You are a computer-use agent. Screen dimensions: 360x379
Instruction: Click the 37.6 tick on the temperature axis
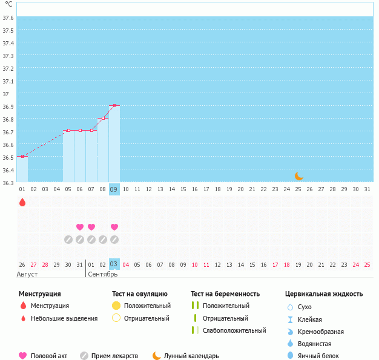[x=8, y=18]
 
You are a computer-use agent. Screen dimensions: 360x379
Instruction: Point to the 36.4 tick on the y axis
[x=8, y=170]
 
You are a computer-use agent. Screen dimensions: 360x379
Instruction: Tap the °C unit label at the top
[x=8, y=4]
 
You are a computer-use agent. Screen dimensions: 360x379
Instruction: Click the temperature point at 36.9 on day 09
[x=114, y=105]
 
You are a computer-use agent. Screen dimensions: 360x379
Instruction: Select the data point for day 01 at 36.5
[x=22, y=156]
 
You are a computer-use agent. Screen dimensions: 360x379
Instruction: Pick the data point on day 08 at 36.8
[x=103, y=118]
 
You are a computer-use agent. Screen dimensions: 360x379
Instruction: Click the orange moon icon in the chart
[x=298, y=175]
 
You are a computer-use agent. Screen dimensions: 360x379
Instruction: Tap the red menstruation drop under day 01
[x=22, y=202]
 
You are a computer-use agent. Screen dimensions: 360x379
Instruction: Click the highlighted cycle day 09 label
[x=114, y=189]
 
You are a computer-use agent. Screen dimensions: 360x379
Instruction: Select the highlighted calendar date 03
[x=114, y=264]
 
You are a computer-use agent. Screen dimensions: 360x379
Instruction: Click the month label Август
[x=28, y=274]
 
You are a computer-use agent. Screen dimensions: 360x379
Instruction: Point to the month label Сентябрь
[x=103, y=274]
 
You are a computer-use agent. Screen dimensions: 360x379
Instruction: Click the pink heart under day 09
[x=114, y=227]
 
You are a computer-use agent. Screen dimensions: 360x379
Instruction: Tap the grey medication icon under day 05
[x=68, y=239]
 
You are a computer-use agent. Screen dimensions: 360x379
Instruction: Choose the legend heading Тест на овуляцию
[x=139, y=294]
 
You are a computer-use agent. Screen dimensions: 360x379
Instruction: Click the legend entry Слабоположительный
[x=234, y=330]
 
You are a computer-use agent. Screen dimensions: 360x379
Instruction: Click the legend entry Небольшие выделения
[x=64, y=318]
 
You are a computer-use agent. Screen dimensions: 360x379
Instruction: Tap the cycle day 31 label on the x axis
[x=367, y=189]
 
